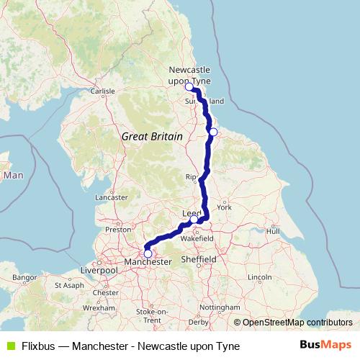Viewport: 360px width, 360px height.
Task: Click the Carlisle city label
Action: click(102, 91)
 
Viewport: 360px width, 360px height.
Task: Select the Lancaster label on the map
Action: click(112, 197)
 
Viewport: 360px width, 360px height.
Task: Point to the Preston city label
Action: click(117, 230)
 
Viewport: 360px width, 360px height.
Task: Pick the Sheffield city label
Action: click(199, 258)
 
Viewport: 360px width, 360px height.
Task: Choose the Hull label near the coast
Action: click(272, 231)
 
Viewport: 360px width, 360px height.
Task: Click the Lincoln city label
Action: click(259, 276)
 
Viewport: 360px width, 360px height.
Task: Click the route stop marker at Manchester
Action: click(148, 253)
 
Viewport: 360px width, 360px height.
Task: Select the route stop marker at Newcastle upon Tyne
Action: click(189, 87)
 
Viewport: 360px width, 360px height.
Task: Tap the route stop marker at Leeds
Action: click(194, 220)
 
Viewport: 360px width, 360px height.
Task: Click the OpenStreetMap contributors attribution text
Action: click(297, 323)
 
